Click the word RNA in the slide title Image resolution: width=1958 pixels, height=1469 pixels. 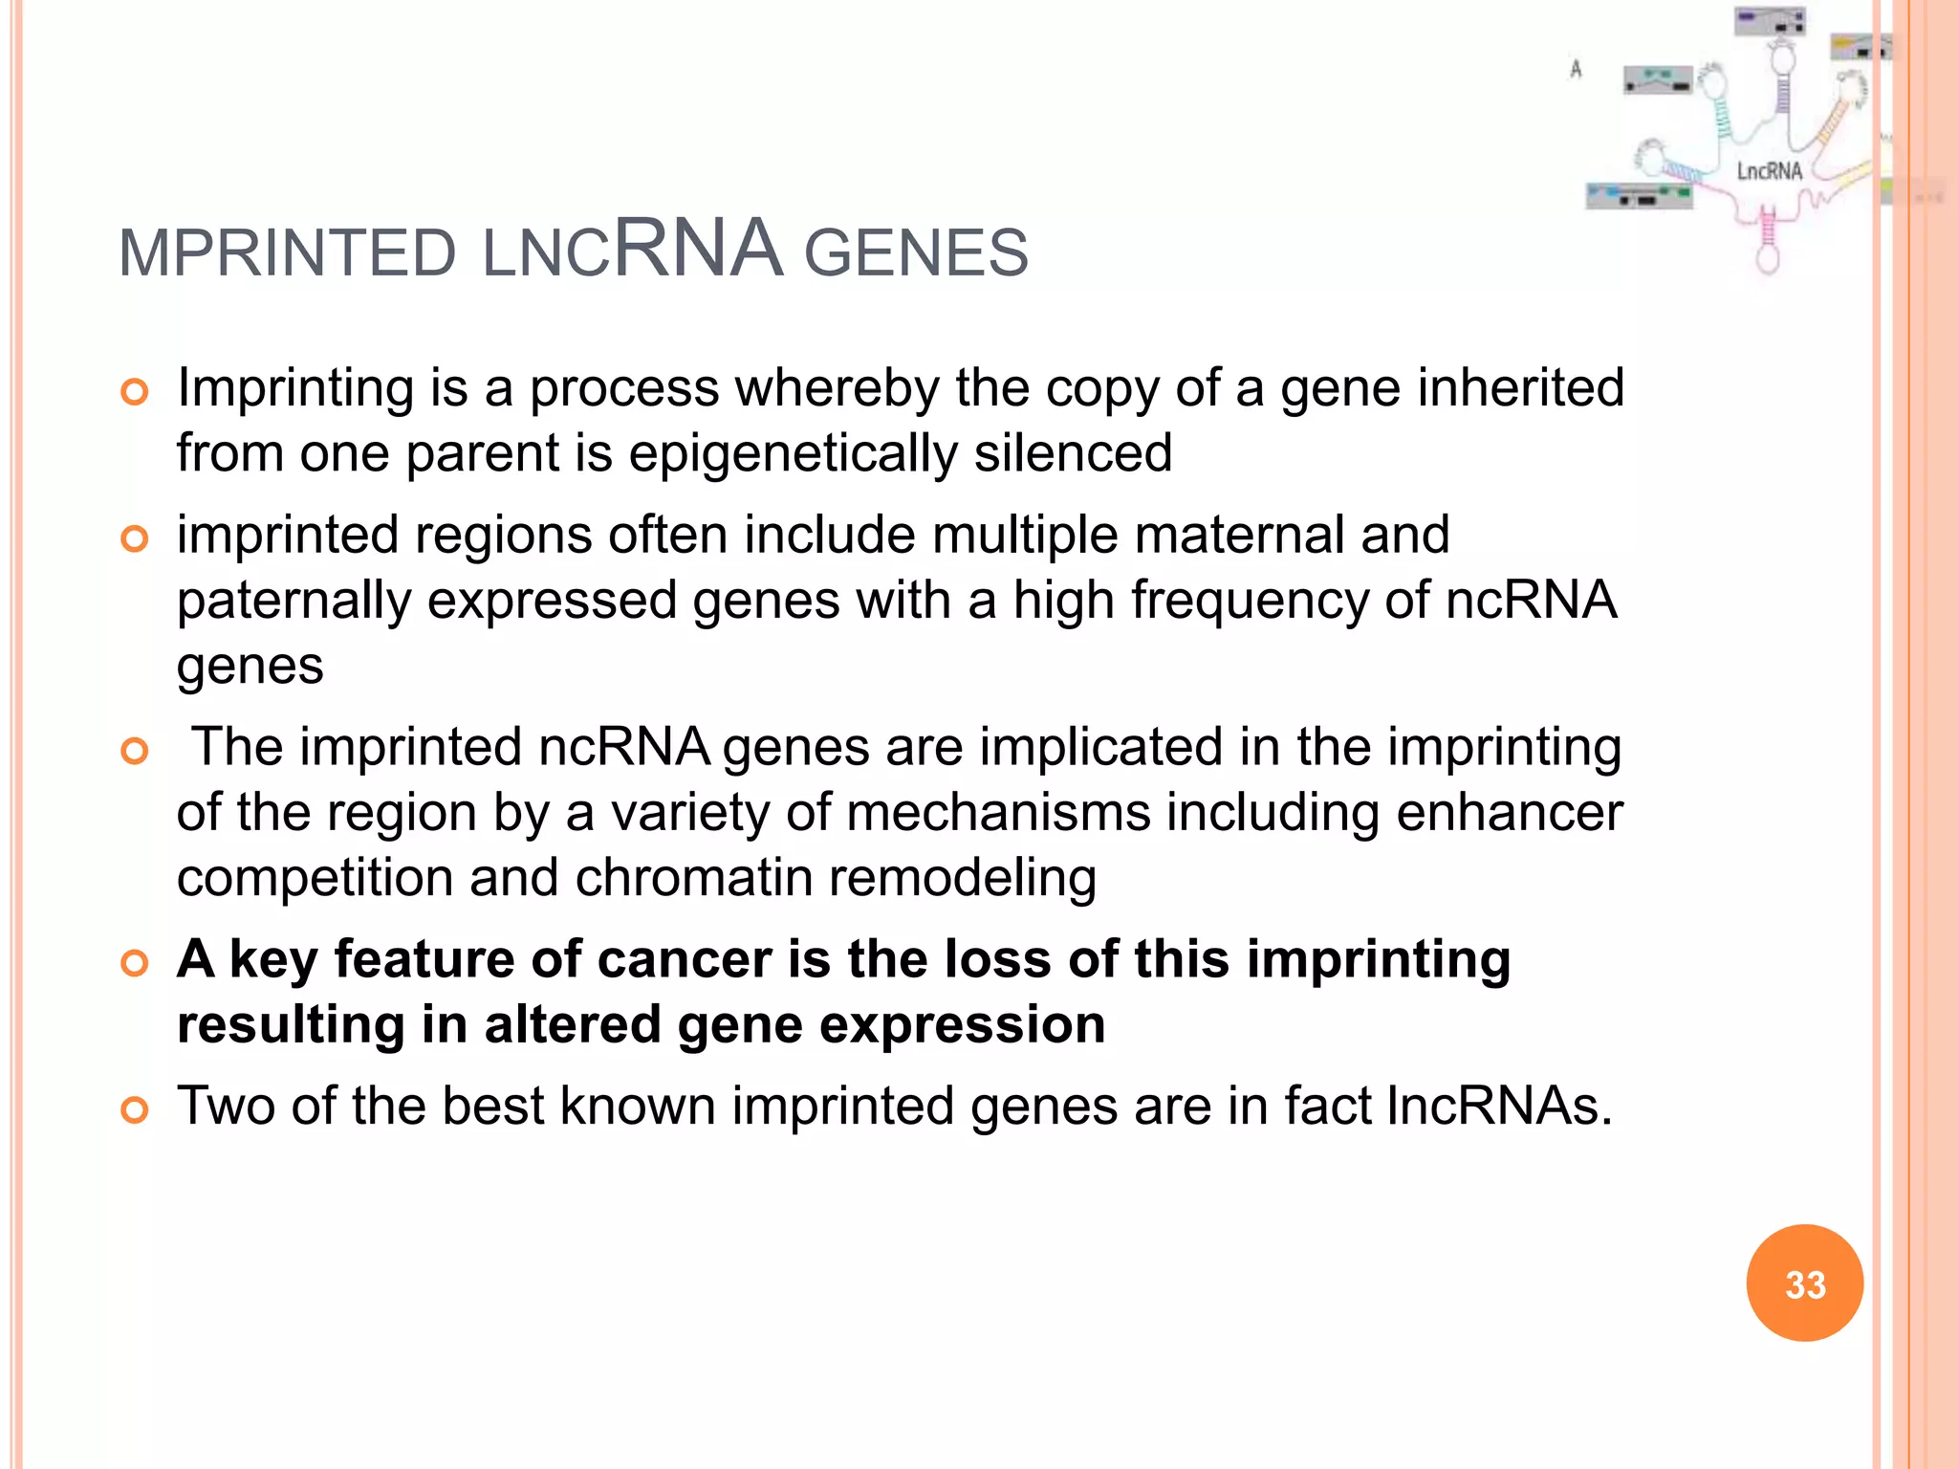[697, 249]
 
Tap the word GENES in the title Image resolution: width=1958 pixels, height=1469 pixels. [916, 253]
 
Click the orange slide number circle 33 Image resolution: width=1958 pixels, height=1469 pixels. [1804, 1283]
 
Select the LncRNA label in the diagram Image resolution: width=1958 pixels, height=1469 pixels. [1769, 171]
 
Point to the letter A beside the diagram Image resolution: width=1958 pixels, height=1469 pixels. [1576, 69]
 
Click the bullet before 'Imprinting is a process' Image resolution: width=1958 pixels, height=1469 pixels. [135, 392]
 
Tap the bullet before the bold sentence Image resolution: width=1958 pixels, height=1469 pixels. [135, 963]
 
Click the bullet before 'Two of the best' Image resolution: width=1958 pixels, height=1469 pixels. [135, 1110]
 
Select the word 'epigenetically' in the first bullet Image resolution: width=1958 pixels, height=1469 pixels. [793, 453]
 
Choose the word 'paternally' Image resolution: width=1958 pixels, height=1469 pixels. [294, 602]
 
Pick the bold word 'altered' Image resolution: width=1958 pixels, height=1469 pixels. [572, 1024]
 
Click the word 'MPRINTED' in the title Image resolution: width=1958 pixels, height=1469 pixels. [287, 253]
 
